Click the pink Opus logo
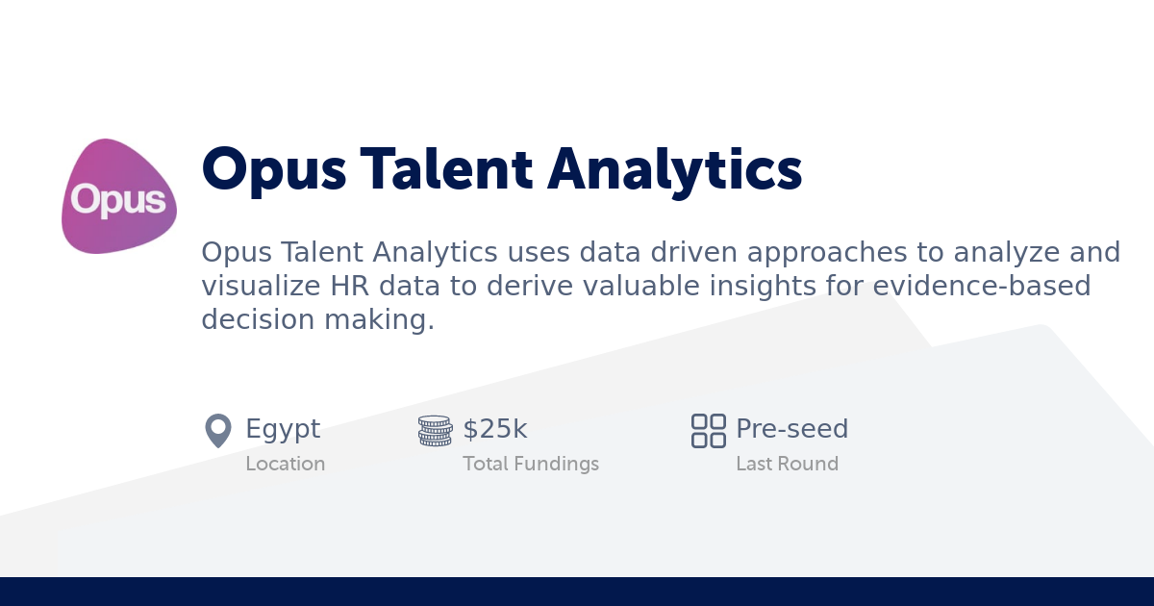[119, 197]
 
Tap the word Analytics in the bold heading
[675, 170]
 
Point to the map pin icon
[218, 430]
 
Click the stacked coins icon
[435, 430]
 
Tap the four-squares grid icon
[709, 430]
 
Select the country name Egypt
[283, 429]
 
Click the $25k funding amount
[495, 429]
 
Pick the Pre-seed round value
[791, 429]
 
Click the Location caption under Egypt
[285, 464]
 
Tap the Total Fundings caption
[530, 464]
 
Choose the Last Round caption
[787, 464]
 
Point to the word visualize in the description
[252, 287]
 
